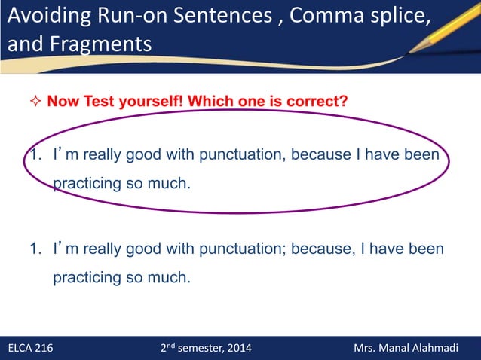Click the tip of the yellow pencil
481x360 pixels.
pos(411,52)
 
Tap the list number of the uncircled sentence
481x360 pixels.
pos(35,249)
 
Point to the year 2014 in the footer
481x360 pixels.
pos(239,348)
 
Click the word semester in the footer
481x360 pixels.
pos(198,348)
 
